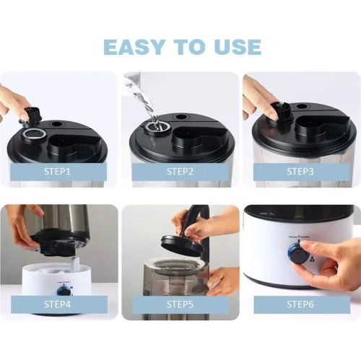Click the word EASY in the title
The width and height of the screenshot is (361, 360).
(x=134, y=46)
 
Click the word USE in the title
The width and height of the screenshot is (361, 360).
(x=237, y=46)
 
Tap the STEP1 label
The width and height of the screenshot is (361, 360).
(x=57, y=172)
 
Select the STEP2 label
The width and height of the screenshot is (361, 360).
(x=180, y=172)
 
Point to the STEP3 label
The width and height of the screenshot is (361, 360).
(x=300, y=172)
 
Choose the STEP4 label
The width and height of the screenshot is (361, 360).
(x=57, y=304)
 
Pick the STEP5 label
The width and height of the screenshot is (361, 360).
(x=180, y=304)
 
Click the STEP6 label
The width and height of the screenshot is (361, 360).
(x=300, y=304)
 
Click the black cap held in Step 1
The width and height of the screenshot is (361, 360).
(x=31, y=114)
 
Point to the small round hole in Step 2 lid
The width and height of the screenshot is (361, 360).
(x=180, y=118)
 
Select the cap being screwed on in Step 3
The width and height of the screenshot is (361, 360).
(x=281, y=111)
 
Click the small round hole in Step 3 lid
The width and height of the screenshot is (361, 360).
(x=301, y=106)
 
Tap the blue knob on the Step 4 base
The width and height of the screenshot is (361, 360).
(x=63, y=291)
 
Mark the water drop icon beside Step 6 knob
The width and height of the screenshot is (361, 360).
(x=313, y=259)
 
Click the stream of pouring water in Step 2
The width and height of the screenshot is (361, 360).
(x=142, y=99)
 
